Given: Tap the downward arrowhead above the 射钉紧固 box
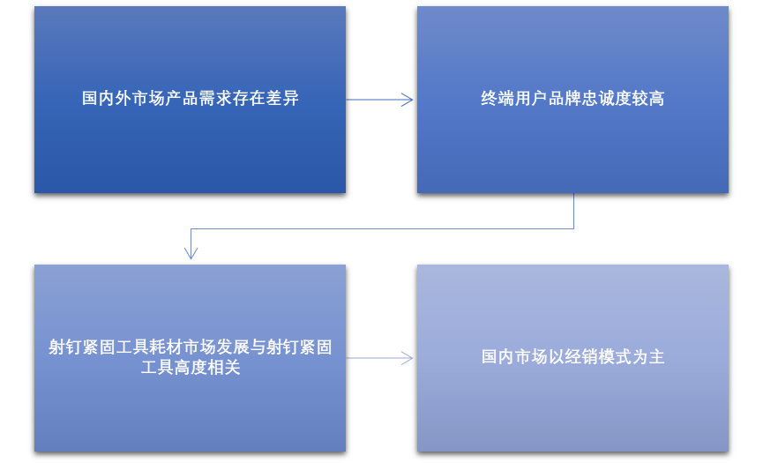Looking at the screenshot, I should coord(191,253).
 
